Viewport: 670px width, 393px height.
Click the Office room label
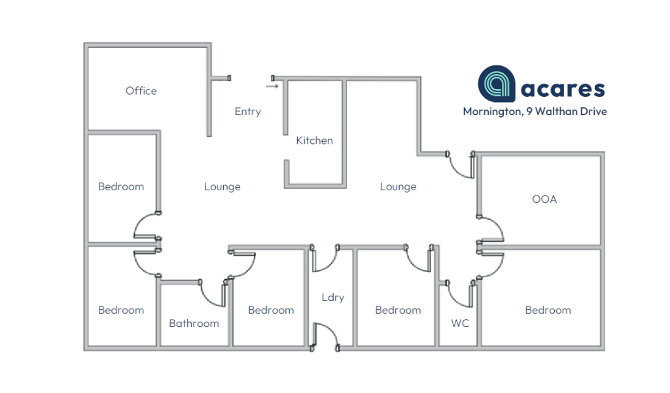click(141, 91)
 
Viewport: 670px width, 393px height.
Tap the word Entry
click(248, 112)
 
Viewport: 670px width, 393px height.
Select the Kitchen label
click(314, 141)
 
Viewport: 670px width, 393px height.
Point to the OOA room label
click(544, 199)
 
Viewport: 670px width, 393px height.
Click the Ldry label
click(332, 298)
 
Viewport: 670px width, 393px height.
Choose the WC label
click(460, 323)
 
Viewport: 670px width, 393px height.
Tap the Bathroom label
click(194, 323)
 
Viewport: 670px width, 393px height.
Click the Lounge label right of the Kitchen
click(398, 187)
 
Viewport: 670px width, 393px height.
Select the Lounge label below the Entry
click(222, 187)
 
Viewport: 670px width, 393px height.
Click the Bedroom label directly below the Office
click(121, 187)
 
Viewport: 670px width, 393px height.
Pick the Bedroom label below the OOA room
click(548, 310)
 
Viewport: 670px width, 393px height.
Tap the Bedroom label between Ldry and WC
click(398, 310)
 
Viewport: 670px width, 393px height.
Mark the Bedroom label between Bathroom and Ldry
click(271, 310)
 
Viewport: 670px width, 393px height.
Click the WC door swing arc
click(459, 296)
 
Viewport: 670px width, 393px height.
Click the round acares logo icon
click(497, 84)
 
